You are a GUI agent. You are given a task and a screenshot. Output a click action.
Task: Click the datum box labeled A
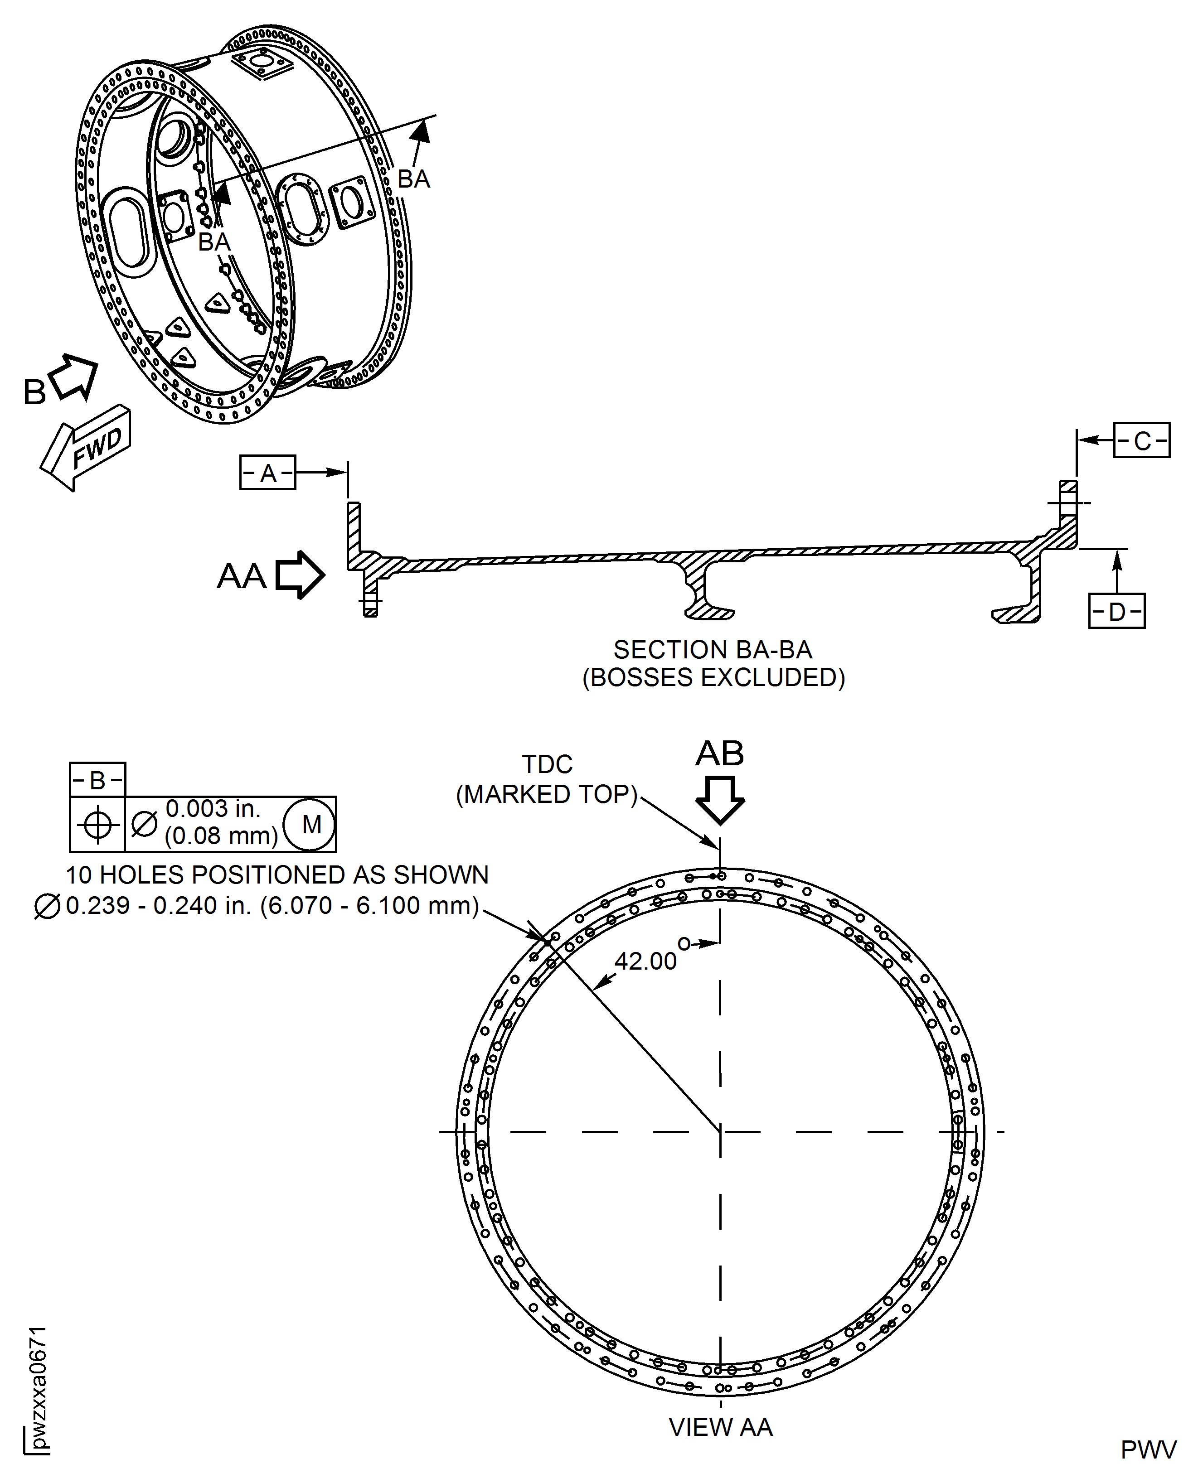[268, 473]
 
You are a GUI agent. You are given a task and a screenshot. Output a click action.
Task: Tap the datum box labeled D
[1116, 611]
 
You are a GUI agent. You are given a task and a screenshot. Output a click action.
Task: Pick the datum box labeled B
[97, 780]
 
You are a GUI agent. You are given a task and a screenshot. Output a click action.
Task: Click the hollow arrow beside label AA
[300, 575]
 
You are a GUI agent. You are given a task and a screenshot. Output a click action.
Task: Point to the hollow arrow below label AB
[720, 800]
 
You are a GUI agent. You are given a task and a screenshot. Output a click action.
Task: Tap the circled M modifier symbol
[311, 824]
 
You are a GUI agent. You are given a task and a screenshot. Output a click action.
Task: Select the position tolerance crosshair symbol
[97, 824]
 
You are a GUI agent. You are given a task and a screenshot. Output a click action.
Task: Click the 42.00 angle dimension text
[645, 961]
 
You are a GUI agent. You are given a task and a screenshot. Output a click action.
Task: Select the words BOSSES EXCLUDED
[713, 678]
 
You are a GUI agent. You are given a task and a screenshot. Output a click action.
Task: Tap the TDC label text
[547, 765]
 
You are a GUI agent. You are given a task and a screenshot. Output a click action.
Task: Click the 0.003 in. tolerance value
[213, 808]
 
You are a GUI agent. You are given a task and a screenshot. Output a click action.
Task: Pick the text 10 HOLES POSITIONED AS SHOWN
[277, 874]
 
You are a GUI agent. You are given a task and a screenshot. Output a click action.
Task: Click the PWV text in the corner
[1148, 1450]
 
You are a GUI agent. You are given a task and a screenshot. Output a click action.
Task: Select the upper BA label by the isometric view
[413, 179]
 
